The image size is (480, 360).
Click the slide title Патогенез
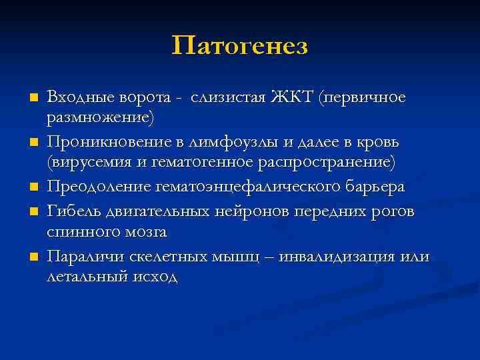point(240,47)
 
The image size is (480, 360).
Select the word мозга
point(143,232)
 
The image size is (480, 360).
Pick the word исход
point(155,277)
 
